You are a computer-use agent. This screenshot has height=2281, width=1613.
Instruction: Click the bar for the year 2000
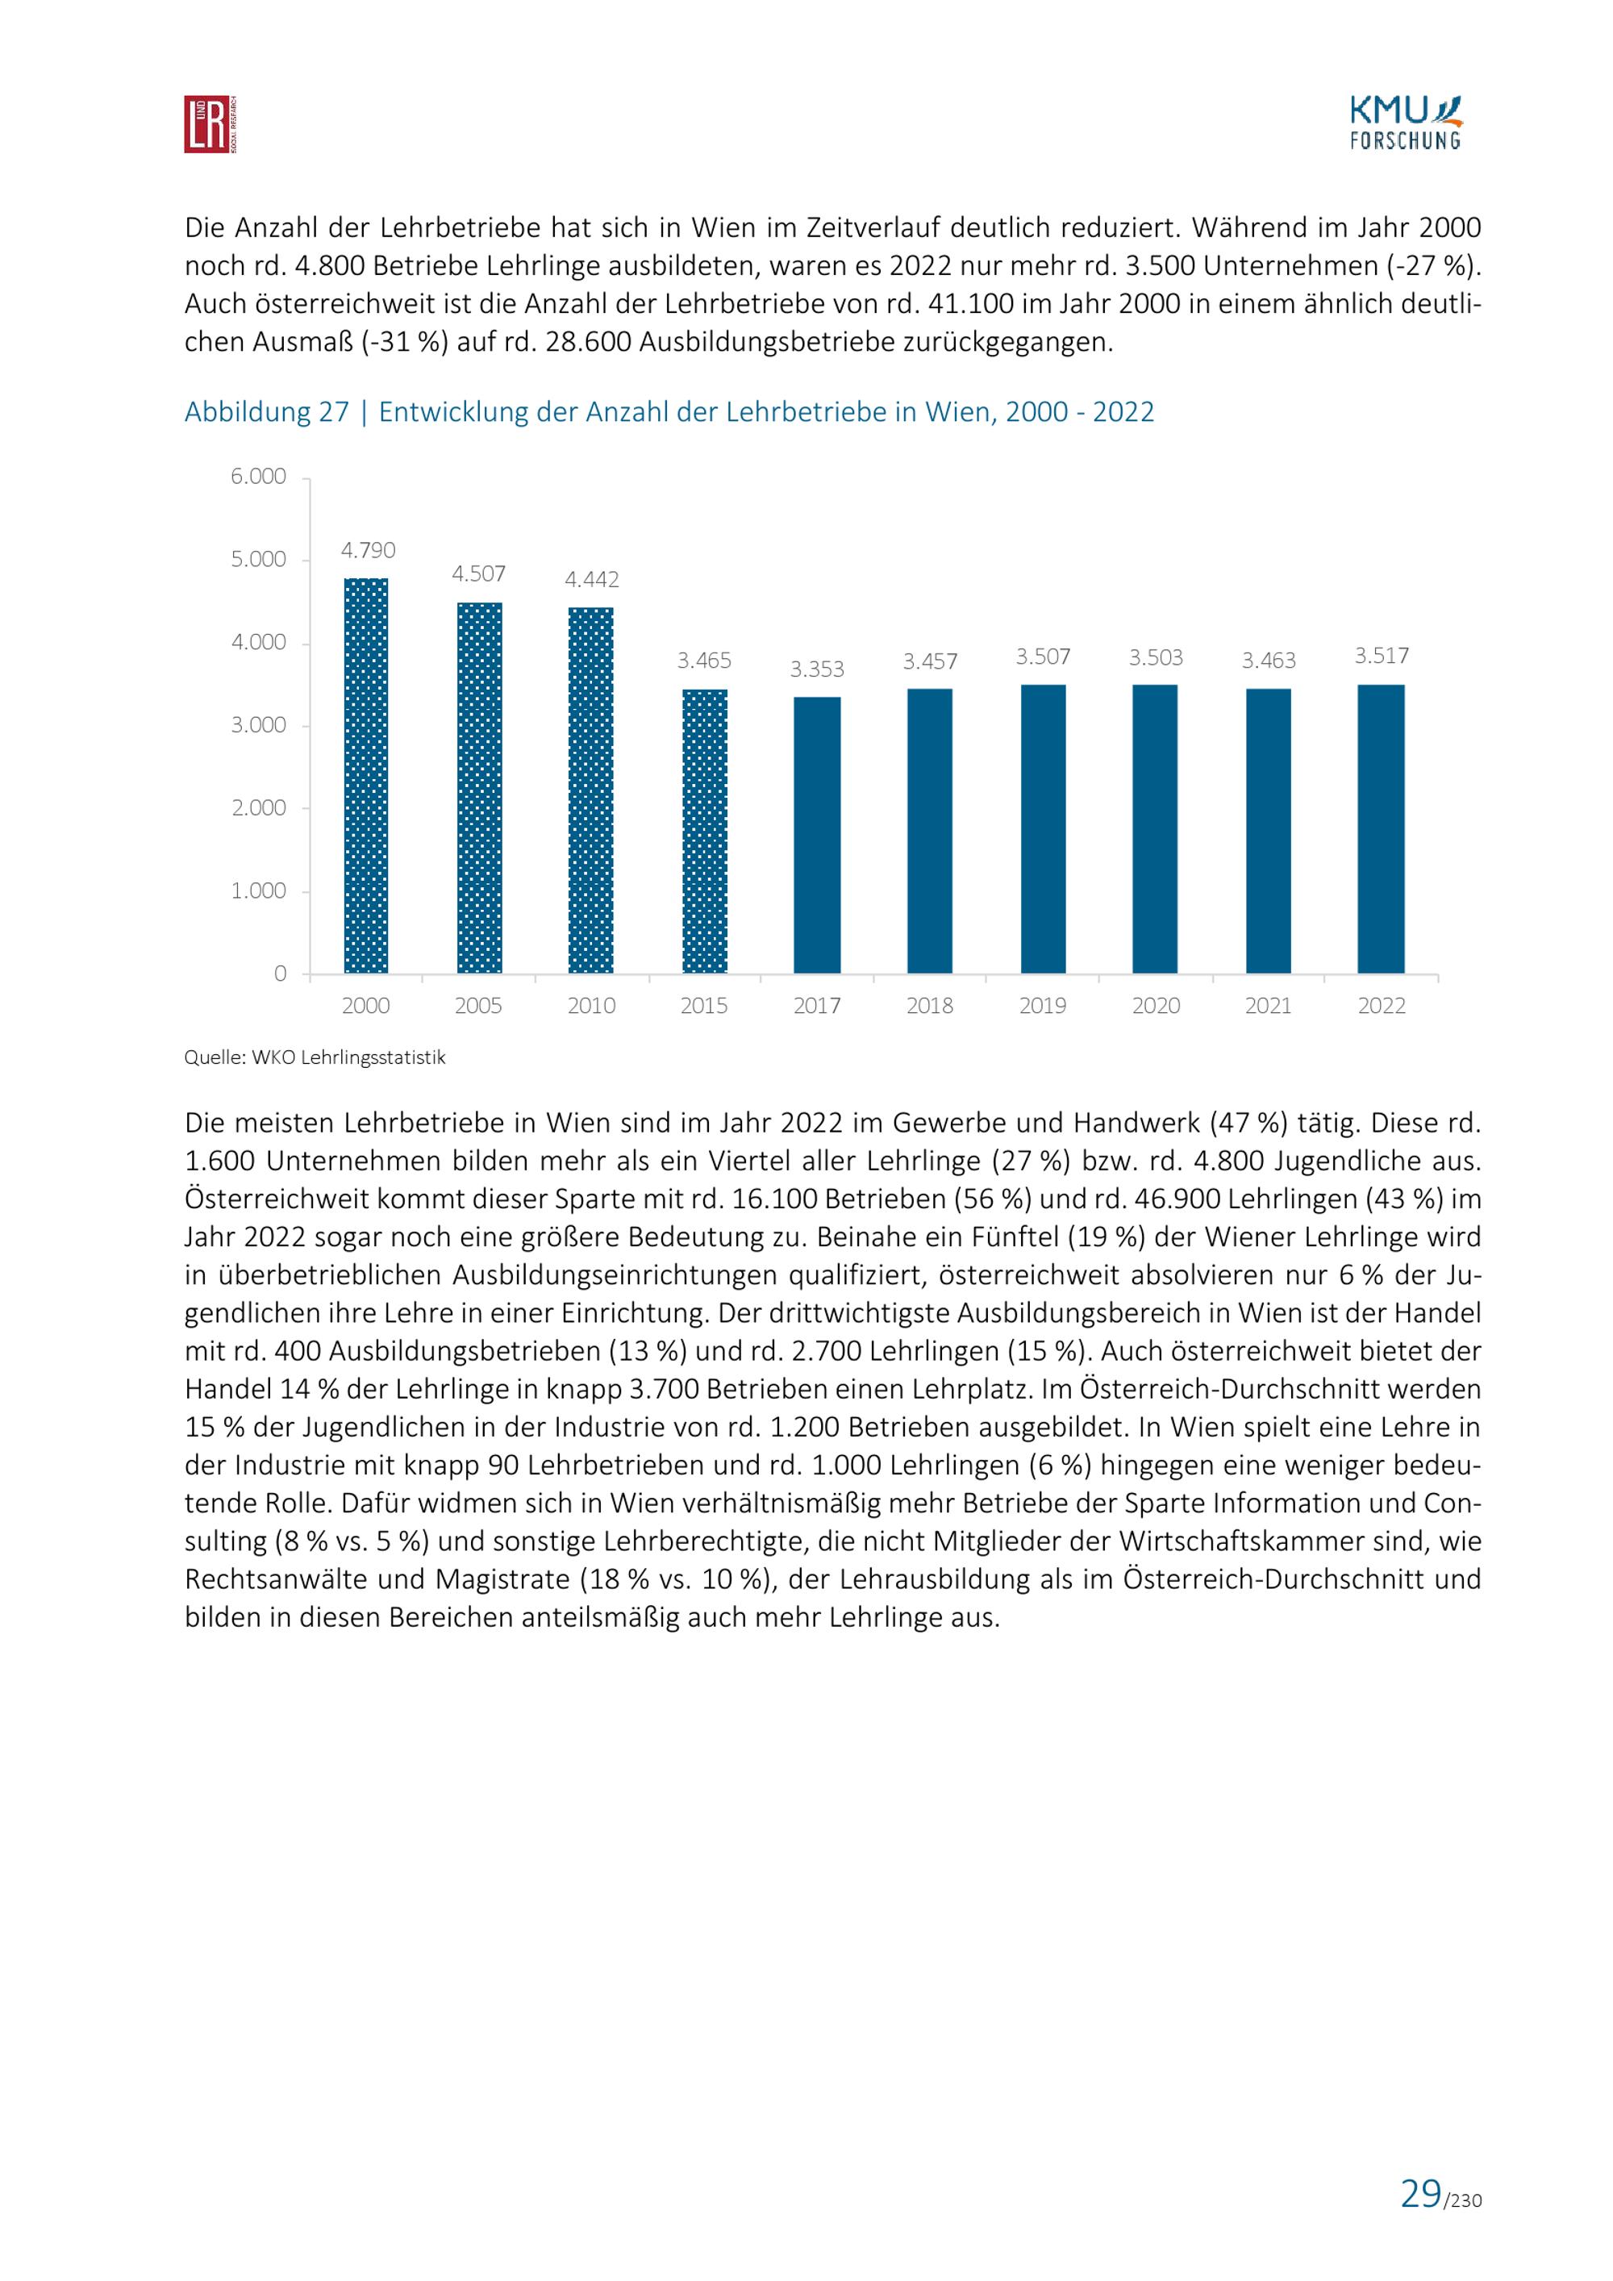365,776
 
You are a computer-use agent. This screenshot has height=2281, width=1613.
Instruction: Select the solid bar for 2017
818,836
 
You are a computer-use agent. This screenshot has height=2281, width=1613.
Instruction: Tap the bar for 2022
1381,828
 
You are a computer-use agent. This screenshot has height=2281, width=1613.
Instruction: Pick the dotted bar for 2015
704,832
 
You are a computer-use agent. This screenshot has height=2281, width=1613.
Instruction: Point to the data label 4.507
479,574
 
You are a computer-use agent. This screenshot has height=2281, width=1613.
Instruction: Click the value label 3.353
818,669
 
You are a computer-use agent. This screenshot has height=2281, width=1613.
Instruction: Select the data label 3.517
1382,656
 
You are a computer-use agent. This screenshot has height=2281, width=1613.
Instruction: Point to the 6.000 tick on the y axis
258,477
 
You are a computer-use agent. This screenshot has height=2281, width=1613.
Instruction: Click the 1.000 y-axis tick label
258,891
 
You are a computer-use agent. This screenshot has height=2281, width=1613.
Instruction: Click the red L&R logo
210,124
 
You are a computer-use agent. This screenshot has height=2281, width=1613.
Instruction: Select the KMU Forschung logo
1404,123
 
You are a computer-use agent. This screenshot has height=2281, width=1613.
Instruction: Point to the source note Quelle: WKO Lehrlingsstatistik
315,1057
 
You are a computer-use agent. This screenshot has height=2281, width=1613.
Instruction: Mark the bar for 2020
1155,829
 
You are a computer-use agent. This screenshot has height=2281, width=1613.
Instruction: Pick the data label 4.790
368,550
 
